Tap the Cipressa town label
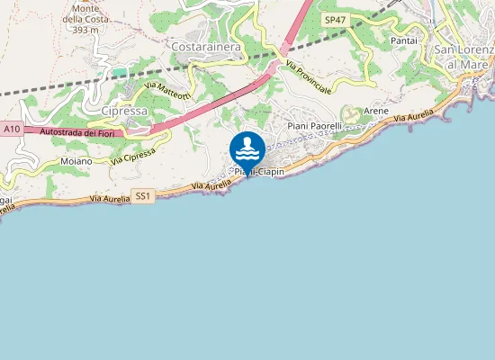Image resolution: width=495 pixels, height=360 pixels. click(x=122, y=110)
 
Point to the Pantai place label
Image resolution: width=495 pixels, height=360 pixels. click(x=404, y=41)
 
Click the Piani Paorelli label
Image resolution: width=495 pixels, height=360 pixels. click(x=314, y=127)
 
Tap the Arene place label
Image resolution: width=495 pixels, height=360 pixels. click(x=377, y=111)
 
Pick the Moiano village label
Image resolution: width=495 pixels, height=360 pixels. click(x=76, y=161)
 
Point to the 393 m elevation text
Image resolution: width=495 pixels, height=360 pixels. click(x=85, y=30)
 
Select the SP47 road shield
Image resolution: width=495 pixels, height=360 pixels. click(x=335, y=19)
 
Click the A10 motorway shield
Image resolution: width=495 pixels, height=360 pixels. click(x=12, y=130)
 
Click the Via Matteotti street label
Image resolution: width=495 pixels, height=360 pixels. click(x=166, y=92)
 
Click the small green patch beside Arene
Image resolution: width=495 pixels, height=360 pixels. click(x=352, y=113)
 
